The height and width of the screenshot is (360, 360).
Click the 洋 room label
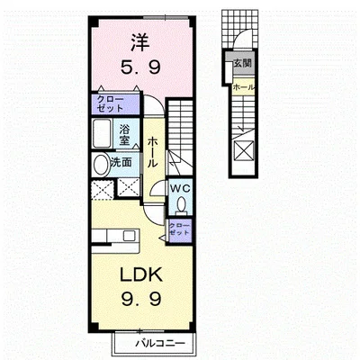pyautogui.click(x=140, y=43)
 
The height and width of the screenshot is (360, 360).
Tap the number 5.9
pyautogui.click(x=140, y=67)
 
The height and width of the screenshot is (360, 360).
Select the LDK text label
pyautogui.click(x=141, y=274)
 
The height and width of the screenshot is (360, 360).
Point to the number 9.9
pyautogui.click(x=141, y=298)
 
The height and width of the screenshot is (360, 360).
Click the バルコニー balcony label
pyautogui.click(x=159, y=343)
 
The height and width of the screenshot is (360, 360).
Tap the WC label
pyautogui.click(x=180, y=188)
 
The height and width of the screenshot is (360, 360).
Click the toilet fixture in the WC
pyautogui.click(x=181, y=206)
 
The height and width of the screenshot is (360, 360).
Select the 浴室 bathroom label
pyautogui.click(x=124, y=135)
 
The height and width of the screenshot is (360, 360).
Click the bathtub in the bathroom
pyautogui.click(x=102, y=134)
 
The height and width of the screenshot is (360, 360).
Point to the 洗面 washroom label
pyautogui.click(x=121, y=162)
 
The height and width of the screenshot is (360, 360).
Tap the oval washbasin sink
pyautogui.click(x=101, y=165)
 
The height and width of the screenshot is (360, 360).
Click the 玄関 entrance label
pyautogui.click(x=242, y=63)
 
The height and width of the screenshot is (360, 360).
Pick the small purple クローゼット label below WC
pyautogui.click(x=179, y=229)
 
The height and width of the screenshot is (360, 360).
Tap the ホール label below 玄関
pyautogui.click(x=244, y=87)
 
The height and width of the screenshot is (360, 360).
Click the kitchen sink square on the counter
pyautogui.click(x=130, y=235)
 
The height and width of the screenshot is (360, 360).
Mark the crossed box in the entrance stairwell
pyautogui.click(x=244, y=150)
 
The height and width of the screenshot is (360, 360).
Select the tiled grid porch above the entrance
pyautogui.click(x=239, y=29)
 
